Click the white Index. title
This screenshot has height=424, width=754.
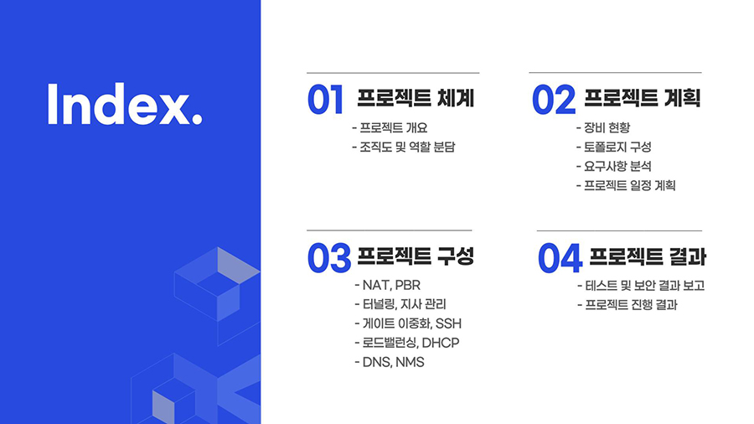coord(125,104)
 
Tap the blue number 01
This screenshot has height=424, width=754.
coord(326,100)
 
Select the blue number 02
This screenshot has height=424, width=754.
coord(554,100)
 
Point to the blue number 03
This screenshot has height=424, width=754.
coord(329,258)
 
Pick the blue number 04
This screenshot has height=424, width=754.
coord(560,258)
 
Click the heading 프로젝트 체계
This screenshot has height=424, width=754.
coord(416,98)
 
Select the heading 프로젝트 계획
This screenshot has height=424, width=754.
coord(643,98)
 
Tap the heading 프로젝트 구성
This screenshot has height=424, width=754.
coord(416,256)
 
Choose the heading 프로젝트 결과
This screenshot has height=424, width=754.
coord(648,256)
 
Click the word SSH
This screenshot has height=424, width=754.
coord(448,323)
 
